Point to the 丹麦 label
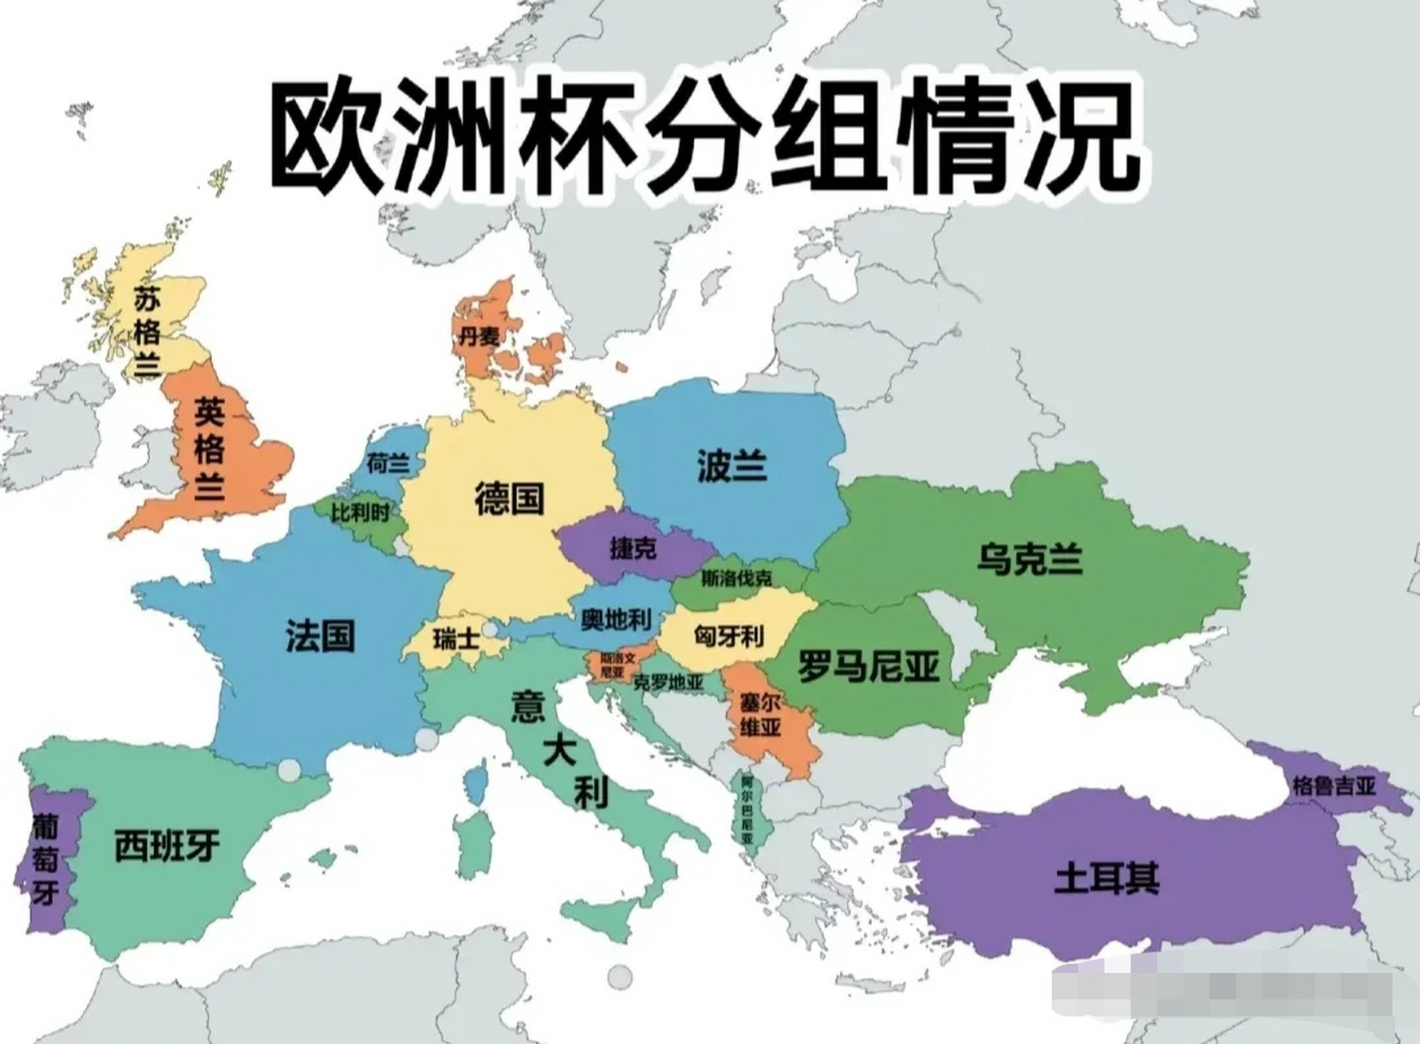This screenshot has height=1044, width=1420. tap(478, 335)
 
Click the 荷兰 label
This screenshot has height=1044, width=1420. tap(388, 464)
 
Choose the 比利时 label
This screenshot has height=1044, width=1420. tap(360, 513)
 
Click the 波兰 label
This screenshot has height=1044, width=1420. tap(732, 467)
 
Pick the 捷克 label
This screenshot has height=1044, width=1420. tap(633, 548)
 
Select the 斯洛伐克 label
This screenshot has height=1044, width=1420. tap(737, 579)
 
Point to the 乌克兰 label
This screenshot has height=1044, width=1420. tap(1029, 560)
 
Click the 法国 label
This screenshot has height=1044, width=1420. tap(320, 635)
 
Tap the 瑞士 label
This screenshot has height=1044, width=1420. tap(456, 639)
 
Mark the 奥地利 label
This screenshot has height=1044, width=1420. tap(617, 621)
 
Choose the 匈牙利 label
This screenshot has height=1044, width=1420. tap(728, 635)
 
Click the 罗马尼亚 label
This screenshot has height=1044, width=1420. tap(869, 666)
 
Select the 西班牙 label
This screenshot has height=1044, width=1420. tap(167, 846)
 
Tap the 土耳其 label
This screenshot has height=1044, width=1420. tap(1107, 879)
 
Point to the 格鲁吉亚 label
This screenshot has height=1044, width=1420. tap(1334, 786)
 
